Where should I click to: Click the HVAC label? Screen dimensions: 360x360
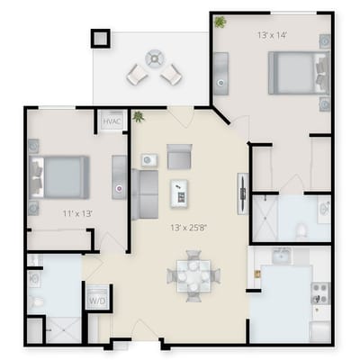click(x=112, y=121)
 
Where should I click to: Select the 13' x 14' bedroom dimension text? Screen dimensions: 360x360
click(x=271, y=35)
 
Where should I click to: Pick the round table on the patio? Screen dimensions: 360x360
click(x=155, y=58)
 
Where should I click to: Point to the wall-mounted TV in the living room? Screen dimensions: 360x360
click(x=241, y=191)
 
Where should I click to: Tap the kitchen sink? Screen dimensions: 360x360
click(x=282, y=256)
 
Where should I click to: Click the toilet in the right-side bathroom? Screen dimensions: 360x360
click(x=301, y=229)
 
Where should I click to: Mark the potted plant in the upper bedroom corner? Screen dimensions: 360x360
click(x=220, y=22)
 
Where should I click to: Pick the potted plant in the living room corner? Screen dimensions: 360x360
click(x=139, y=117)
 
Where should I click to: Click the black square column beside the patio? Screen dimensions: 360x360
click(x=100, y=40)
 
